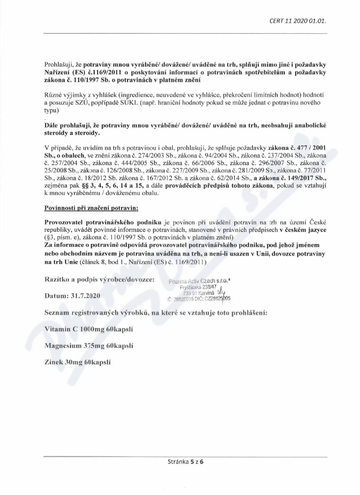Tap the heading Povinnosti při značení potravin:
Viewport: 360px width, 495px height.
(91, 208)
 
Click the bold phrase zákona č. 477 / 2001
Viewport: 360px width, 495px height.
(297, 148)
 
